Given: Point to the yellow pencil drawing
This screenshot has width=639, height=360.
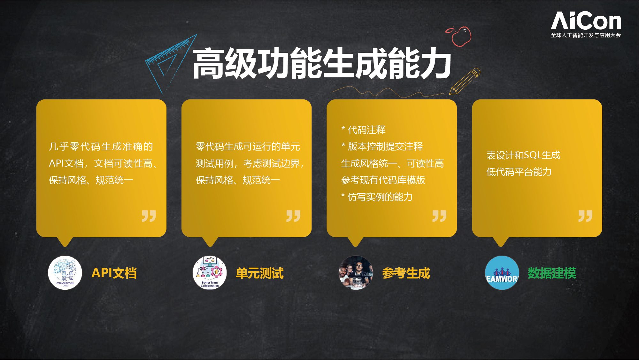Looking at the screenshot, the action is pyautogui.click(x=465, y=81).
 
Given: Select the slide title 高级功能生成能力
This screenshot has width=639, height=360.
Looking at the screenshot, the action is pyautogui.click(x=322, y=63).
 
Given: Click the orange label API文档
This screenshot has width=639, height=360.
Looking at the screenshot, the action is pyautogui.click(x=114, y=273).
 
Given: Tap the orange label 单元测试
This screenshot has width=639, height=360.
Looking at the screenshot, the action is pyautogui.click(x=259, y=273).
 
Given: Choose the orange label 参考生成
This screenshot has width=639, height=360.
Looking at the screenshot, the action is pyautogui.click(x=406, y=273).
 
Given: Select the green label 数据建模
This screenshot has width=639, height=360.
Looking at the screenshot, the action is pyautogui.click(x=552, y=273).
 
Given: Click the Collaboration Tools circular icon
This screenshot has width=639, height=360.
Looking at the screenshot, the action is pyautogui.click(x=65, y=273).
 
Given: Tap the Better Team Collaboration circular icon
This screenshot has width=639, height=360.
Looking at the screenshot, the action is pyautogui.click(x=210, y=273).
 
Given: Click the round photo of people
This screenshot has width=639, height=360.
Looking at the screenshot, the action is pyautogui.click(x=356, y=273).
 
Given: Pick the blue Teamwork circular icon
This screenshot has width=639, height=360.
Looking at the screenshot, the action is pyautogui.click(x=502, y=273).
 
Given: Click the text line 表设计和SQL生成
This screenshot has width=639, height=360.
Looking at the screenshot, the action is pyautogui.click(x=523, y=155).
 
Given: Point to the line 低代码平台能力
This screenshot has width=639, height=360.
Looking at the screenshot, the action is pyautogui.click(x=519, y=172).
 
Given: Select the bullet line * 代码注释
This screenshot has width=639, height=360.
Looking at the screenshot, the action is pyautogui.click(x=363, y=130).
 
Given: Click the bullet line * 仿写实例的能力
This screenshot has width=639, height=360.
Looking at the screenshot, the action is pyautogui.click(x=377, y=197).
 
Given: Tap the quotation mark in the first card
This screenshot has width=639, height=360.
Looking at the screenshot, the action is pyautogui.click(x=149, y=216).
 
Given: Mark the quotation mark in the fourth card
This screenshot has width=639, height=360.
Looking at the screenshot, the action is pyautogui.click(x=585, y=216).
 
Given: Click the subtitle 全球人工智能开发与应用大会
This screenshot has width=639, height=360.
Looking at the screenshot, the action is pyautogui.click(x=586, y=35).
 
